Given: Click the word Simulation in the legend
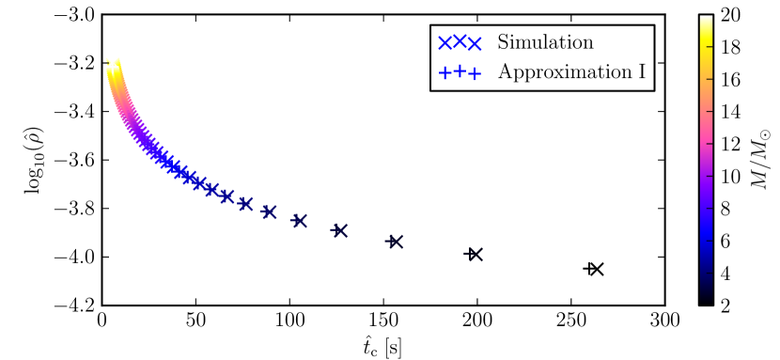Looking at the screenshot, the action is point(545,43).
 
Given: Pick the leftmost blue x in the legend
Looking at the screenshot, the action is point(445,43).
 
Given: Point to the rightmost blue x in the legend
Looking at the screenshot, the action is point(475,43).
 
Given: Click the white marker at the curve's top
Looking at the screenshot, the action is point(113,63).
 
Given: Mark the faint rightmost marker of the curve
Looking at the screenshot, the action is point(474,255).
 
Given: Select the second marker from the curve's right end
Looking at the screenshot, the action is point(396,242).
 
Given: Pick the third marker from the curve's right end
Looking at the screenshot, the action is point(340,230).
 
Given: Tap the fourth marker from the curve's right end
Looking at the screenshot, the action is point(300,221).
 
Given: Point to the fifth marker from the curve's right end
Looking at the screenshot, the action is point(269,211).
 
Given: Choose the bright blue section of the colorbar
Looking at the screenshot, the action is point(706,226).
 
